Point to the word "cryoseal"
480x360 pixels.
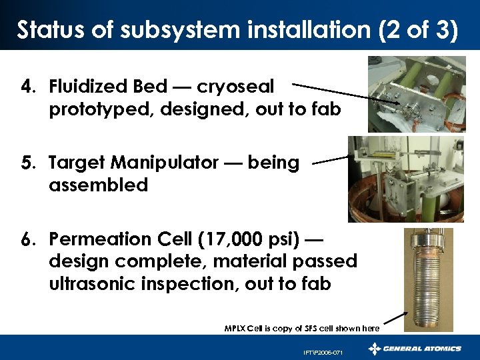click(244, 87)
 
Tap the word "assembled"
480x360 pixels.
click(98, 185)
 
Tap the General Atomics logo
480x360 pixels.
click(415, 349)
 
